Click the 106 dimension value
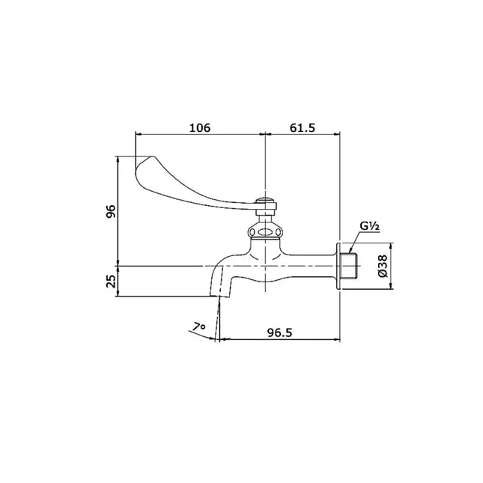[x=200, y=127]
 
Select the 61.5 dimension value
[x=303, y=127]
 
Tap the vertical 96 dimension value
[x=111, y=211]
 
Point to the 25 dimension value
[x=111, y=281]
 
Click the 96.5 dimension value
[x=279, y=332]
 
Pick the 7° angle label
[x=198, y=326]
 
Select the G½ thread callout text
[x=370, y=226]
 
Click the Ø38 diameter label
[x=383, y=266]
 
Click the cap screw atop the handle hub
[x=266, y=200]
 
